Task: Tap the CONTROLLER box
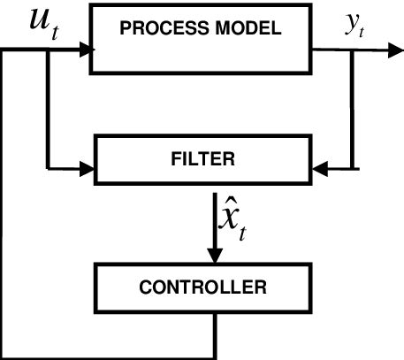coord(215,287)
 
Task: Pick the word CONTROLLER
coord(215,287)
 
